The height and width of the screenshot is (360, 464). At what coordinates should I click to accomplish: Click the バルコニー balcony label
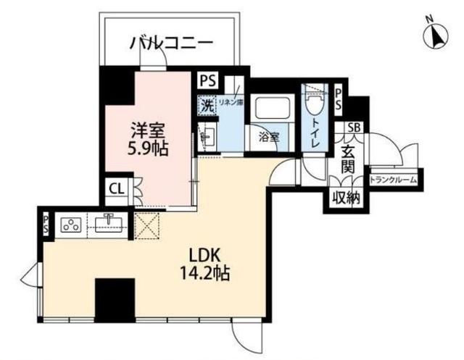point(172,43)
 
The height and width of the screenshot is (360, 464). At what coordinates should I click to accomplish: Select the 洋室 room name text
point(149,131)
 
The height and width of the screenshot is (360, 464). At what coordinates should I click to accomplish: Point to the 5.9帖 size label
point(149,148)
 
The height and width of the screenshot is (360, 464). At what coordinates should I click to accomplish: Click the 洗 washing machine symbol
point(206,104)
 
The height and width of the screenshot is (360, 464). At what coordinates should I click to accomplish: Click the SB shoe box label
point(355,128)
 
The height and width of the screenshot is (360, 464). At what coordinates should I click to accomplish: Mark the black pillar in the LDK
point(115,298)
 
